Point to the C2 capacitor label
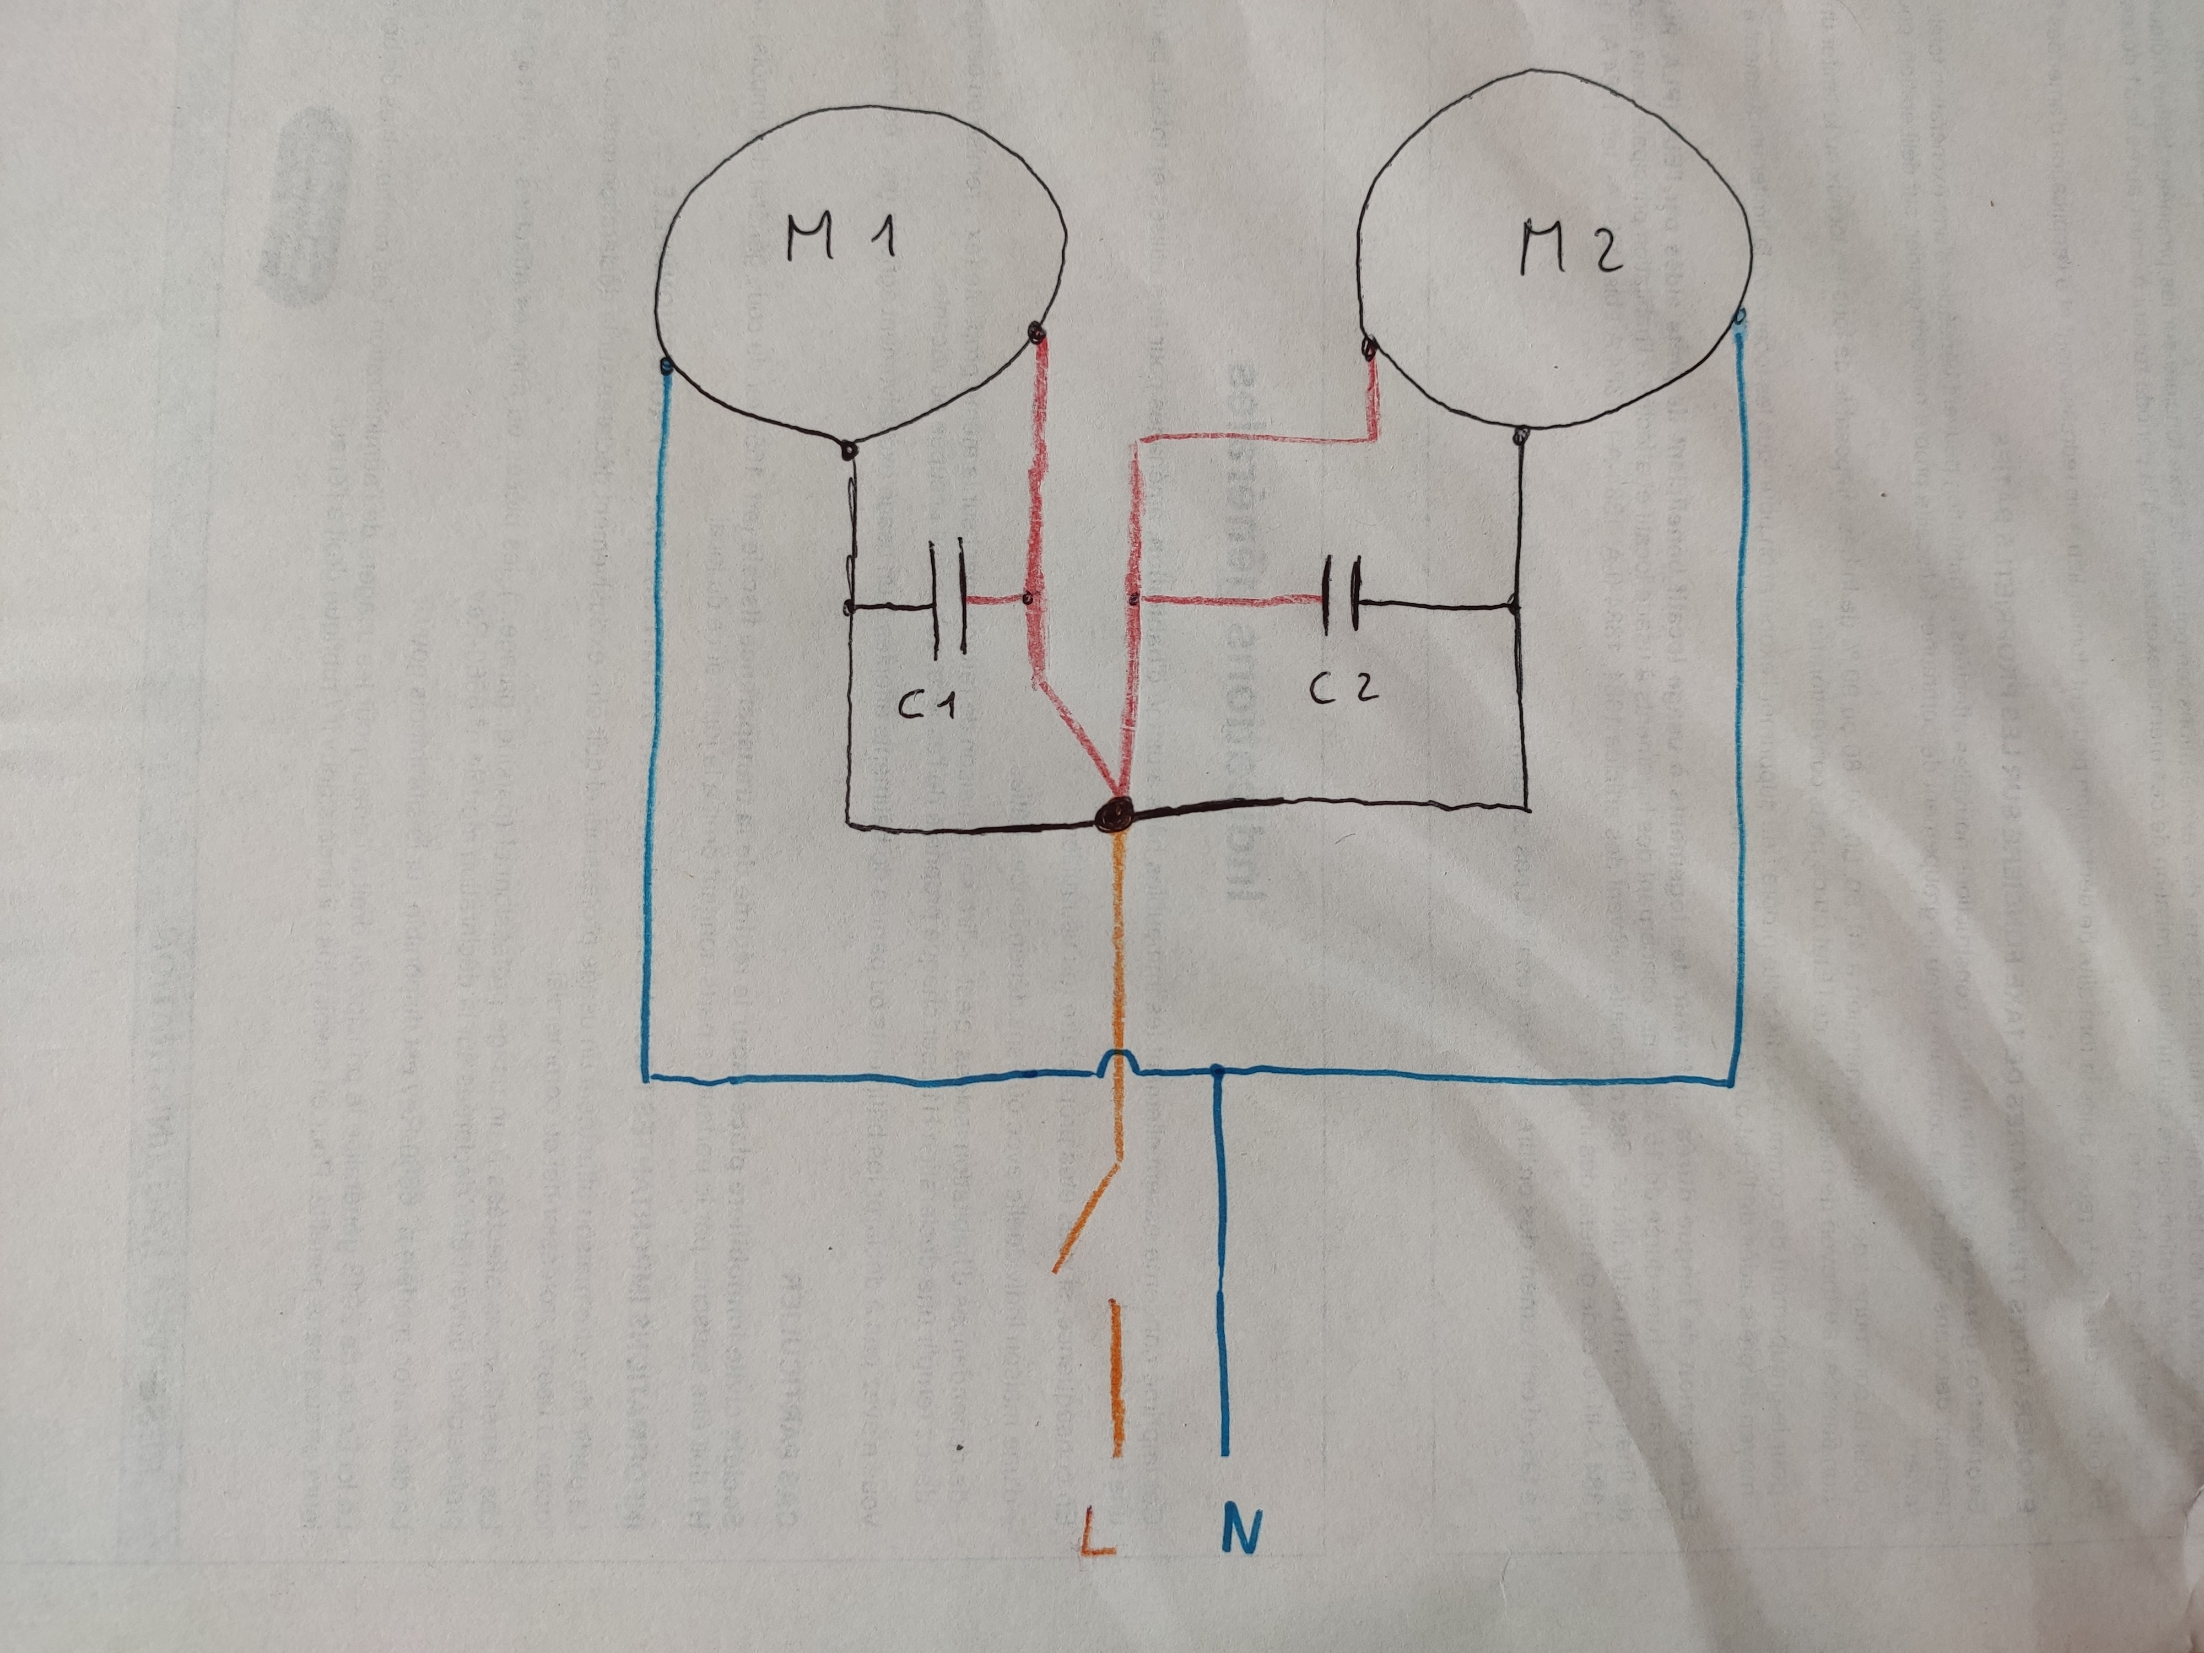(x=1343, y=688)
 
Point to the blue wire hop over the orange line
(x=1118, y=1064)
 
